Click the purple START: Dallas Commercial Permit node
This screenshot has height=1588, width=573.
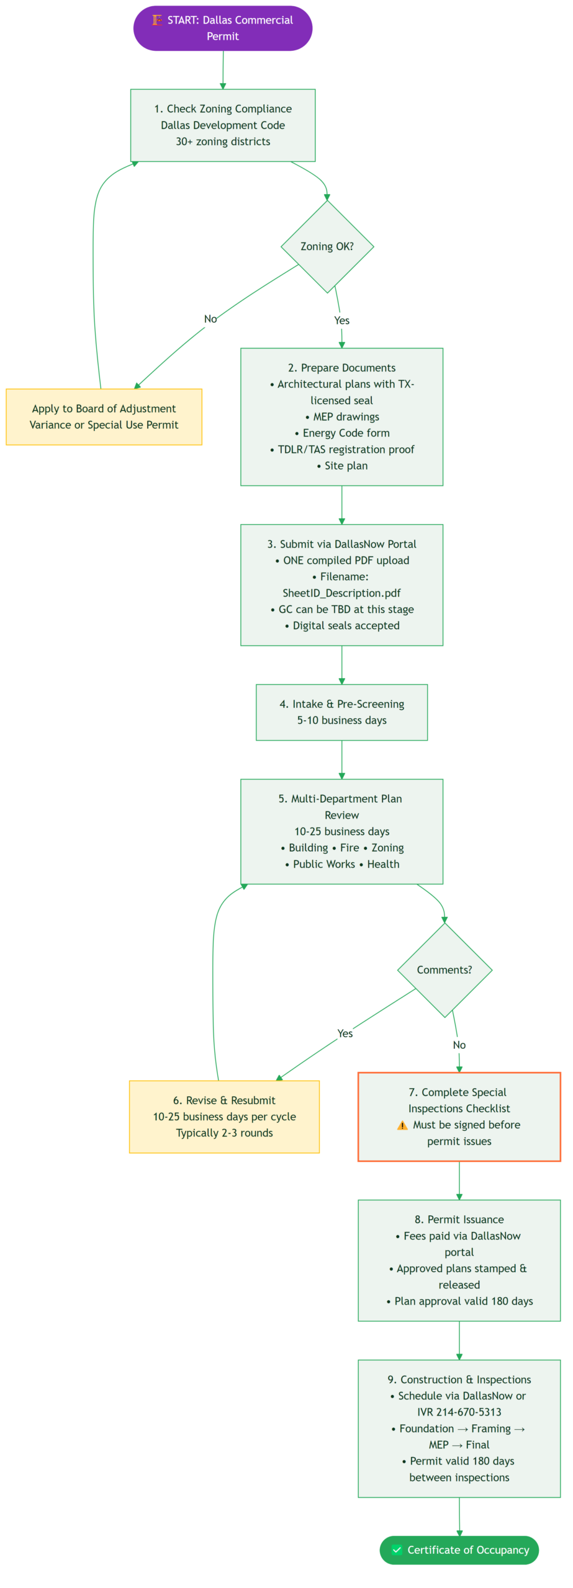coord(222,28)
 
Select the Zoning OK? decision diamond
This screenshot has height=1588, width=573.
coord(327,246)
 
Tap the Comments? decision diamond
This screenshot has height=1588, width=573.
coord(444,969)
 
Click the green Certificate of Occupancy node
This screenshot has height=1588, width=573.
coord(459,1549)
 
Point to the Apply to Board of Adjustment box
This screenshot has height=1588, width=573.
coord(104,416)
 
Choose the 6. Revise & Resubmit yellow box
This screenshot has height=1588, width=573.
coord(224,1116)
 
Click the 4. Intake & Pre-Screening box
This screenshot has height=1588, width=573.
coord(341,711)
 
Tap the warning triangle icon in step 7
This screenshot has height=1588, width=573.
coord(402,1125)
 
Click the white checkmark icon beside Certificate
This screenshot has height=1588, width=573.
coord(397,1549)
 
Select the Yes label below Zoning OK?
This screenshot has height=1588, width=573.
coord(341,320)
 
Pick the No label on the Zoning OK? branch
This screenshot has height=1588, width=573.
coord(210,319)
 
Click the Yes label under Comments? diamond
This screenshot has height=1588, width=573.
coord(345,1033)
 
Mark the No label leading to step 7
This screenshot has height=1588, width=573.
coord(459,1045)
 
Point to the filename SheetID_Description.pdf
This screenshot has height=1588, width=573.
coord(341,592)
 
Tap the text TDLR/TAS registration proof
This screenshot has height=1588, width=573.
coord(346,449)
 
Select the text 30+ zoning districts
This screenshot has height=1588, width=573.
coord(223,141)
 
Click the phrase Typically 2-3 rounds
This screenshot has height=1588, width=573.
coord(224,1132)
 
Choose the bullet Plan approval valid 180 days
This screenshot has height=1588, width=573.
coord(463,1300)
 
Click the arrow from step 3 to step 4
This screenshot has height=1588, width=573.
coord(341,664)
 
